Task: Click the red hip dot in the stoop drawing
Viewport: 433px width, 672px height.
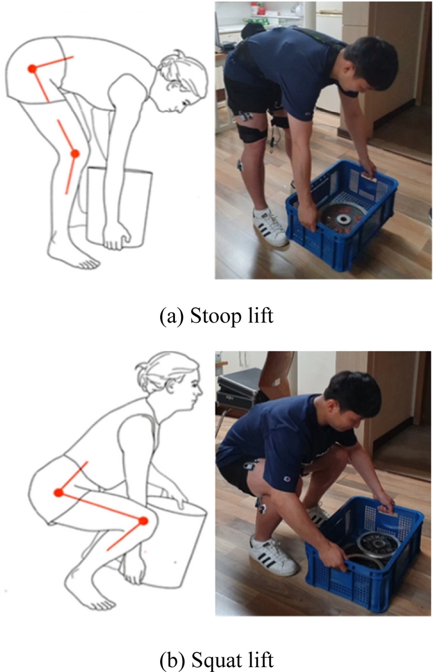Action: (32, 69)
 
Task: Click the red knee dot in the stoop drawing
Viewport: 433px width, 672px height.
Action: (75, 154)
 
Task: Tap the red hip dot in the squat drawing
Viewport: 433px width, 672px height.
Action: (58, 492)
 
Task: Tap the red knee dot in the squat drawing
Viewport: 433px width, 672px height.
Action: (143, 521)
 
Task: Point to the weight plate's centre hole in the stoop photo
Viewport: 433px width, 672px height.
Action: (343, 219)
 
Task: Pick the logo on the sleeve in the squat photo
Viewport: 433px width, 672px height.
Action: (286, 478)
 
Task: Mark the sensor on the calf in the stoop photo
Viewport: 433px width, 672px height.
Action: (240, 165)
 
